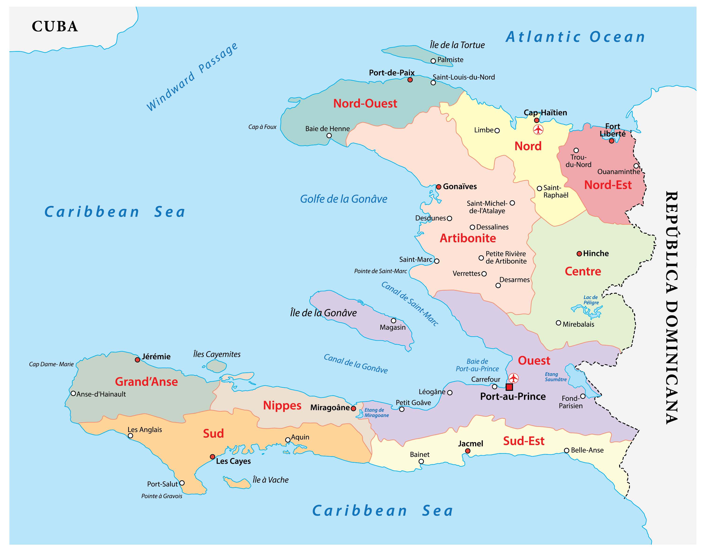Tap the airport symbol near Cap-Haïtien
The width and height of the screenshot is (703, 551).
click(538, 130)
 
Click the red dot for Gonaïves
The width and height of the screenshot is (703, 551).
click(438, 187)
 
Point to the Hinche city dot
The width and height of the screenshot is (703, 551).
click(579, 254)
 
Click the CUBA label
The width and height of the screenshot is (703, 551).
click(55, 26)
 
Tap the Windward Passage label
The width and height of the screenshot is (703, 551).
click(192, 77)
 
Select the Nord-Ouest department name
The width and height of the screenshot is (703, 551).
click(365, 103)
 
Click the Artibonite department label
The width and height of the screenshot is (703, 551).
click(468, 238)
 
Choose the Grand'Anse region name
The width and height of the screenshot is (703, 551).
click(146, 382)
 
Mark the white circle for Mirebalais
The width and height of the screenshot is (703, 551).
click(558, 323)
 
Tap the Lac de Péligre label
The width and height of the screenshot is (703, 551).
click(591, 300)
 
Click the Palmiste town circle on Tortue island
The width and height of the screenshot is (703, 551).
click(433, 61)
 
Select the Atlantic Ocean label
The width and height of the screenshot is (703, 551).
click(575, 37)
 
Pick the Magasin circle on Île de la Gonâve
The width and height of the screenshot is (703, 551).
click(393, 321)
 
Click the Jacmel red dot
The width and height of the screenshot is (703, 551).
click(468, 451)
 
